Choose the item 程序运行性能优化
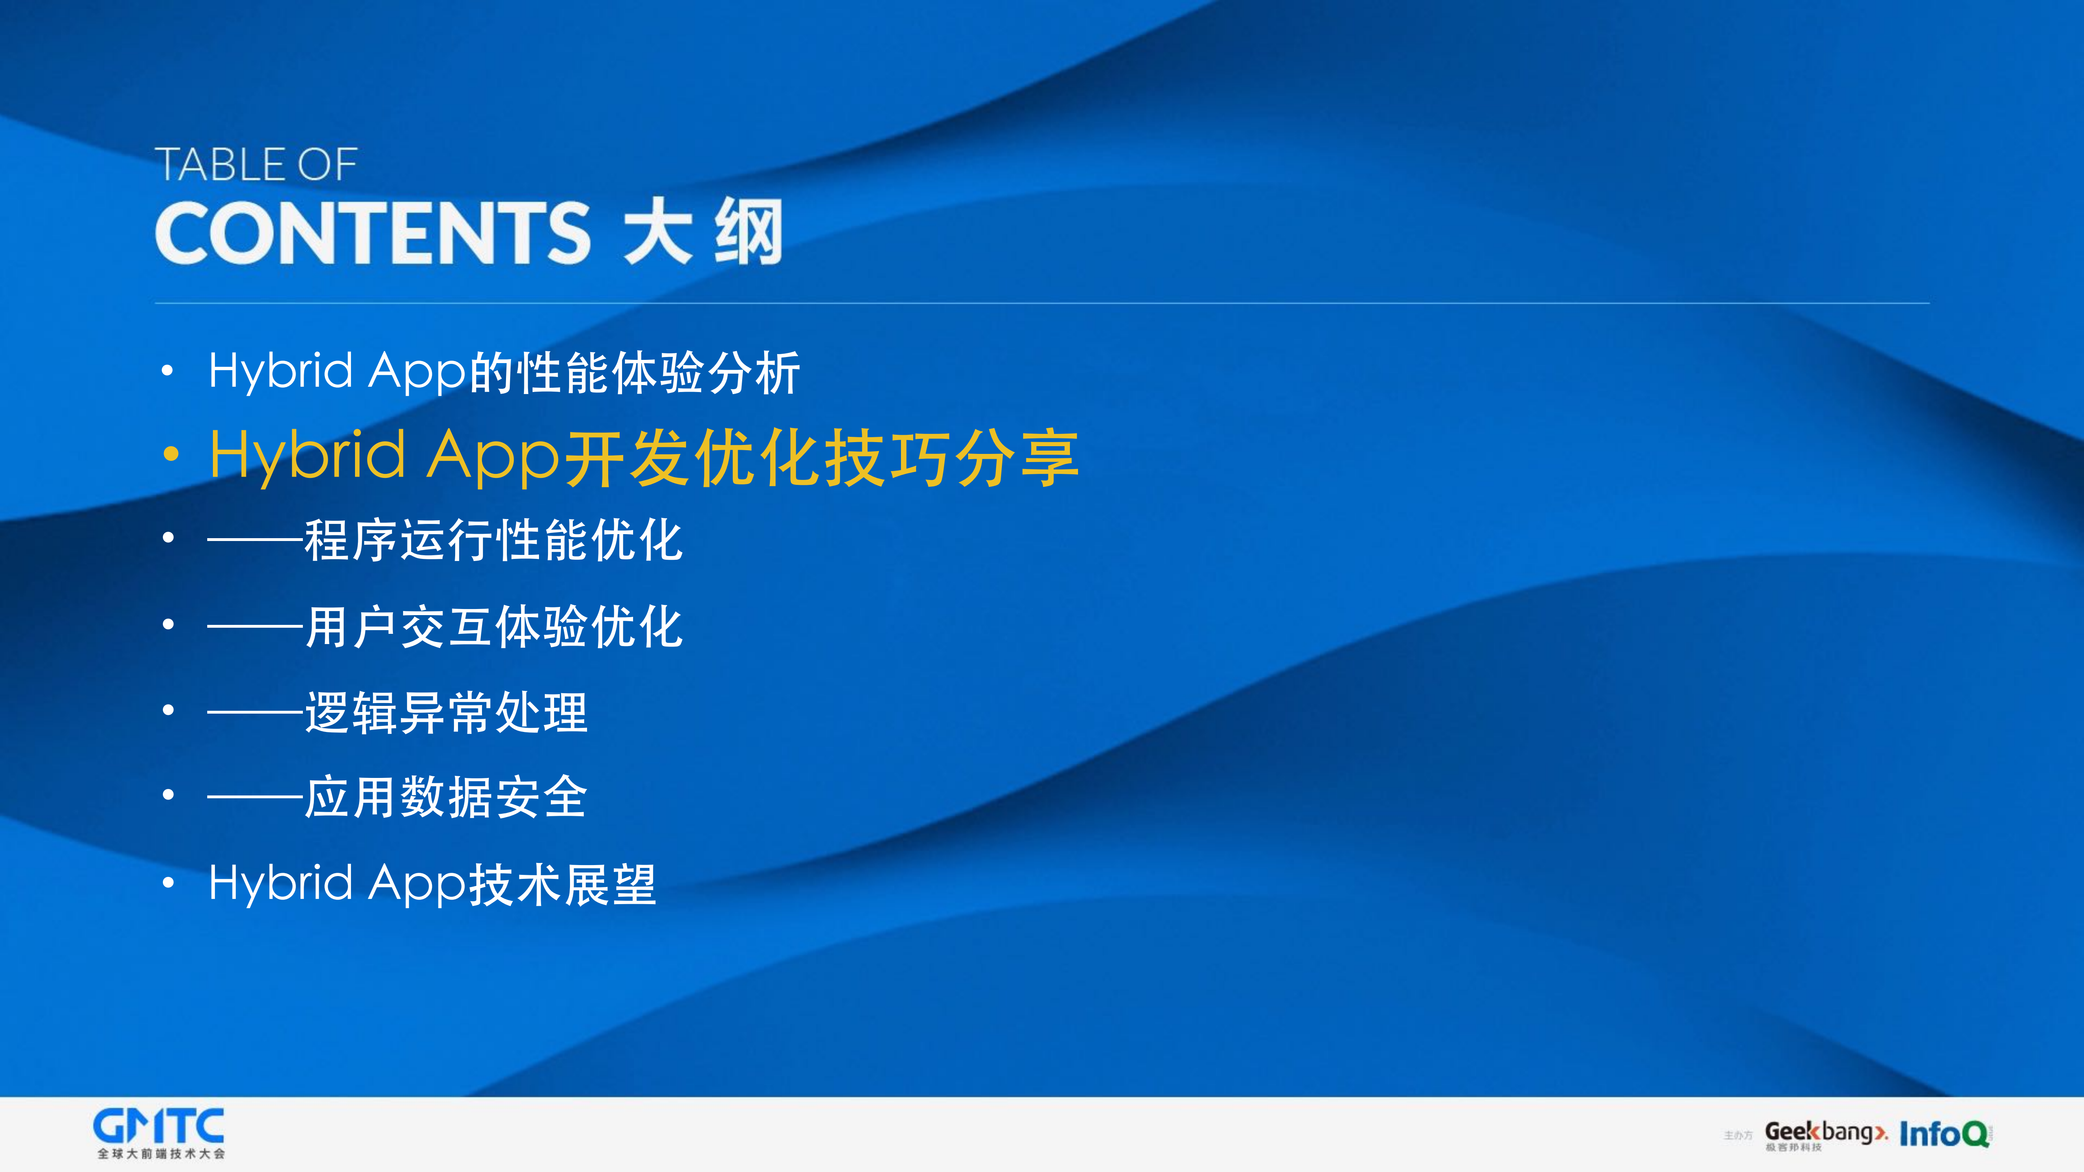point(493,540)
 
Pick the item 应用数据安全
point(446,797)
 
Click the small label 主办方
point(1738,1136)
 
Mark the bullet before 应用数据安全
point(168,795)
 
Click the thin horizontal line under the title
point(1042,303)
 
